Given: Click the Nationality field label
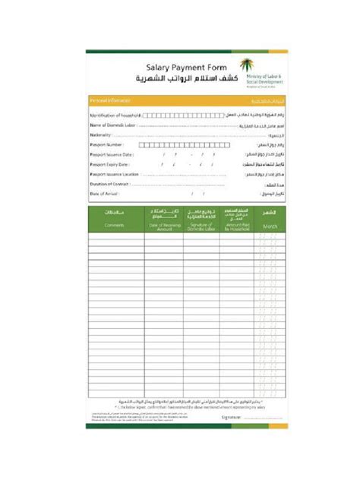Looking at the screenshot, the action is click(101, 134).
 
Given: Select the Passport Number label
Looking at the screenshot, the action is click(106, 144).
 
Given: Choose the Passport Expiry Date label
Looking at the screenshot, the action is click(109, 164).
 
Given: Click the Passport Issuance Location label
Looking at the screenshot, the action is click(114, 174).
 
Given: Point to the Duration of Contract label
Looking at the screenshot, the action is click(111, 184).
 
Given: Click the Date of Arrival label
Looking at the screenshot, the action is click(106, 194).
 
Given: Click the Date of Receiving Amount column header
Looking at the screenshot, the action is click(164, 226).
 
